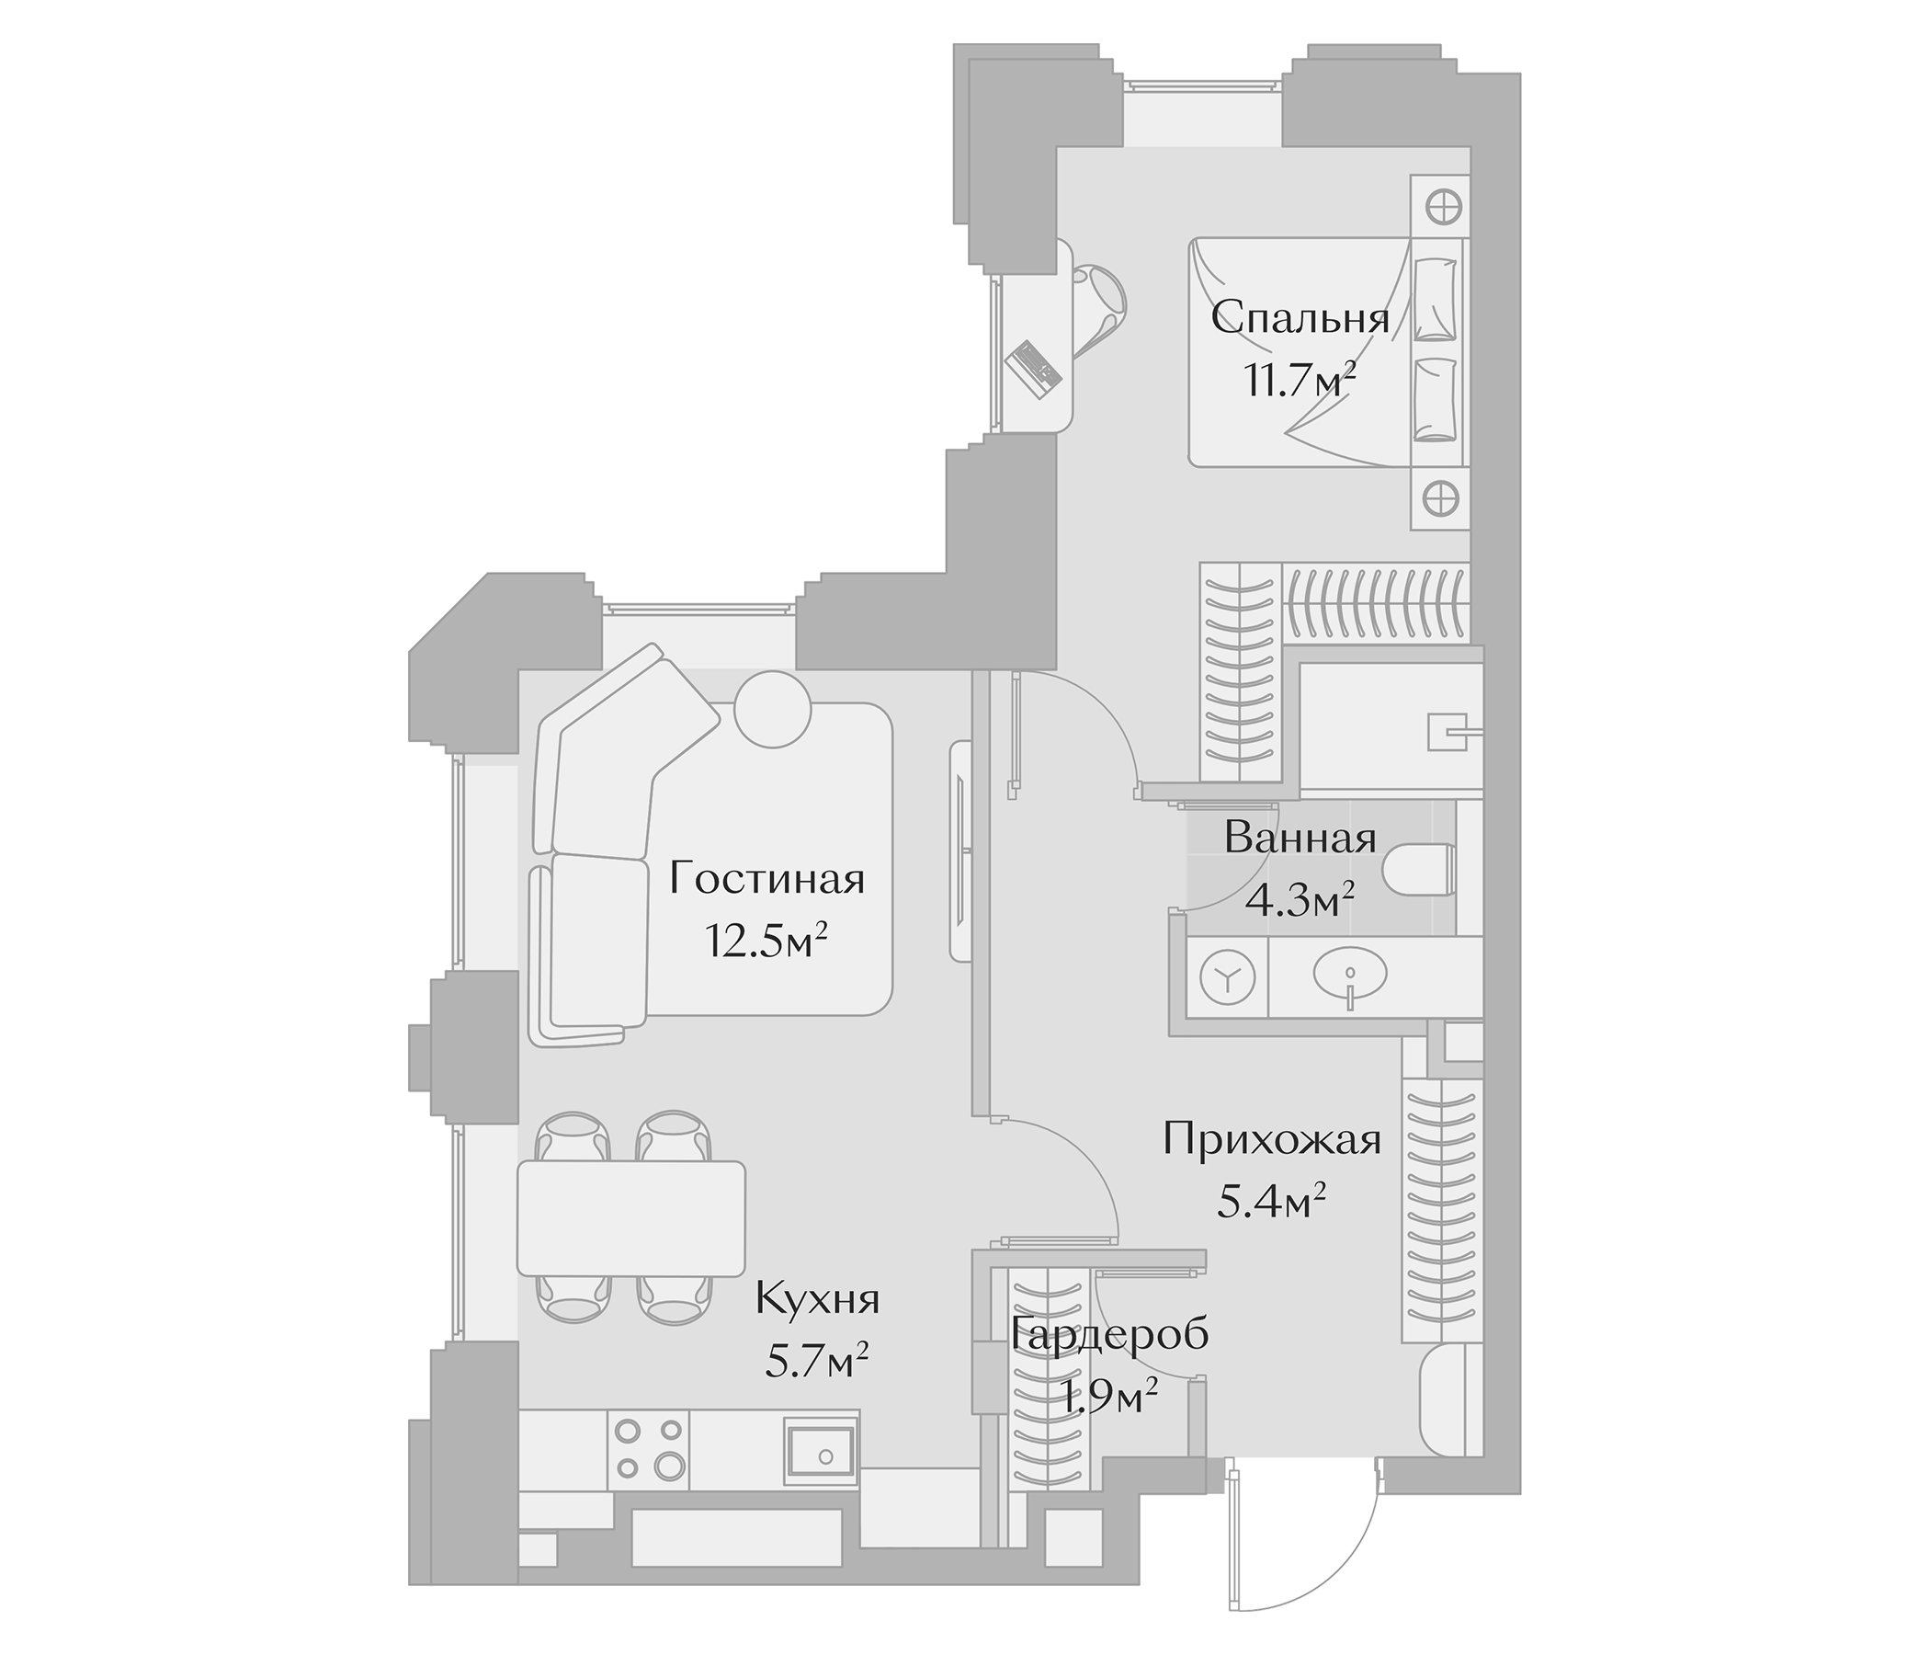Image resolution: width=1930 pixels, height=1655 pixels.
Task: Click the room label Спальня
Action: (x=1300, y=320)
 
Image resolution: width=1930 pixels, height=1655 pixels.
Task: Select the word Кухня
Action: (x=817, y=1299)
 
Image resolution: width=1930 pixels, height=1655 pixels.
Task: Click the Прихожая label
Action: (x=1271, y=1139)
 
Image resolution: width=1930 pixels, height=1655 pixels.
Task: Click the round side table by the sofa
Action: (x=772, y=708)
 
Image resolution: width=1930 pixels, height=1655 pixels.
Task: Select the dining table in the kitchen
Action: (x=631, y=1217)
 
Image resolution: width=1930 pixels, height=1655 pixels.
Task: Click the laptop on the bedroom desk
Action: (x=1034, y=369)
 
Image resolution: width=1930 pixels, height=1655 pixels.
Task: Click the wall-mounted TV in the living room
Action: (x=960, y=850)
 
